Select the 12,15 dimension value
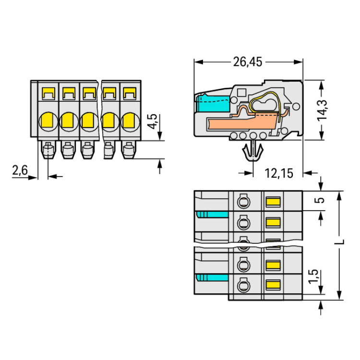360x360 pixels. [278, 173]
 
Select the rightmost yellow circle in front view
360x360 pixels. [129, 120]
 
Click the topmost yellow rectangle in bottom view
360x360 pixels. [273, 201]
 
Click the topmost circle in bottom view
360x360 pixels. [243, 200]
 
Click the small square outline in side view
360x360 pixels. [241, 92]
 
